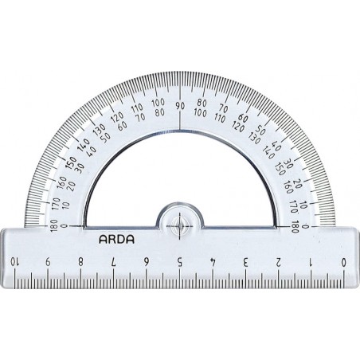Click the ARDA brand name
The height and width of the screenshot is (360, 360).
coord(116,240)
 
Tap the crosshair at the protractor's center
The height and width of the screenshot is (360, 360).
coord(180,226)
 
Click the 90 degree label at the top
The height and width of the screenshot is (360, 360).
coord(180,106)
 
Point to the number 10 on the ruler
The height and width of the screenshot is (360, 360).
coord(14,262)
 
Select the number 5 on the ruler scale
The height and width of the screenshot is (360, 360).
coord(180,262)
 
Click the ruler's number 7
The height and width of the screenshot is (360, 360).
coord(114,262)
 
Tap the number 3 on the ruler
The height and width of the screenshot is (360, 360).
coord(245,262)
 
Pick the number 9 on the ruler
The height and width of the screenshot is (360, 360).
coord(48,262)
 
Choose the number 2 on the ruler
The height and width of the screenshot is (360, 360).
coord(278,262)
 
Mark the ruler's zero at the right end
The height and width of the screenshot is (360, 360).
coord(344,262)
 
